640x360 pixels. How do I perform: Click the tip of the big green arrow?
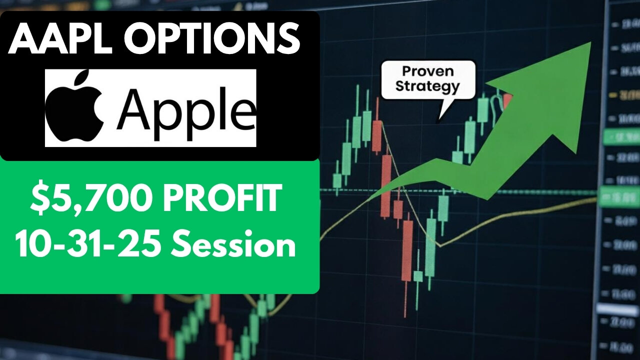(590, 43)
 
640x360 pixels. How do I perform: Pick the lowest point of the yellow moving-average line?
(439, 245)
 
